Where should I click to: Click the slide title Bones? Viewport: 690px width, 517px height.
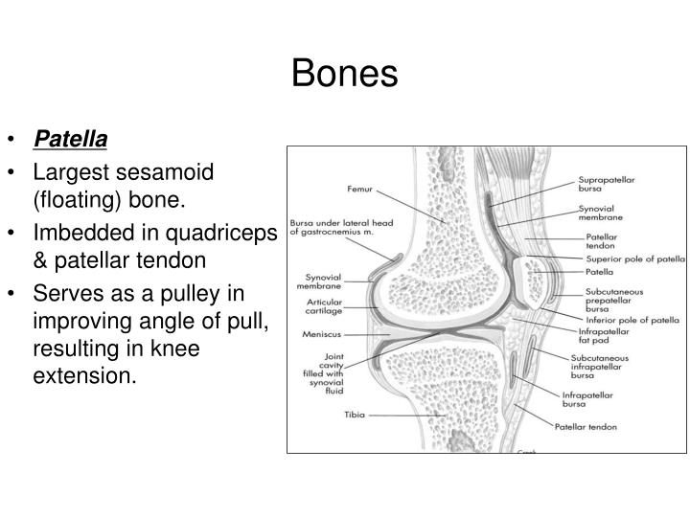pos(344,74)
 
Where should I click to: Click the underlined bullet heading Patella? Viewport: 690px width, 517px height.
pos(71,140)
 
